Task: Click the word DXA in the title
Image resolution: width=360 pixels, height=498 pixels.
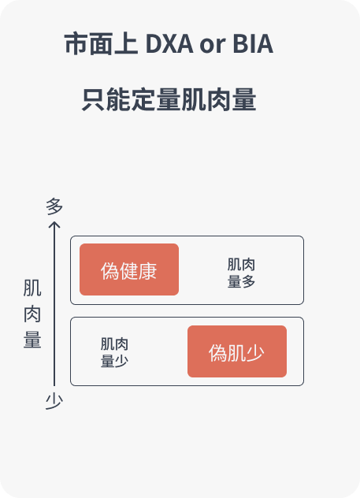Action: click(169, 43)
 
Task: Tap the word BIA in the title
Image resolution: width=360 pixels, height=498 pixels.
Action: click(253, 43)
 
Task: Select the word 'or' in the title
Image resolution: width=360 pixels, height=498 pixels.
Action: click(213, 46)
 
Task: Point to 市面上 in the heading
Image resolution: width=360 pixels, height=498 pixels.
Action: click(101, 43)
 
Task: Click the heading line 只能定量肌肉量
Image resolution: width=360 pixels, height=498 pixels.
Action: click(169, 99)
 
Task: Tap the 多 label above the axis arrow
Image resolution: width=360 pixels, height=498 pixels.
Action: click(54, 206)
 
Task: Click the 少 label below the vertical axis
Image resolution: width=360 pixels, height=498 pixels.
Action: click(54, 401)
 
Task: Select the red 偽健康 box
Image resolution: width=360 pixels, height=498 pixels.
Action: click(129, 269)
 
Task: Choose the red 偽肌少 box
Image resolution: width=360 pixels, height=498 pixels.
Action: click(237, 351)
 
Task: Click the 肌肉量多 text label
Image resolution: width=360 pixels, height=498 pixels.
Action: click(241, 273)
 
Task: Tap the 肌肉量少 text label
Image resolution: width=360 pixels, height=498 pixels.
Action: click(114, 352)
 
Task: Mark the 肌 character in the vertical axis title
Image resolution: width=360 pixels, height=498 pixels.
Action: click(32, 288)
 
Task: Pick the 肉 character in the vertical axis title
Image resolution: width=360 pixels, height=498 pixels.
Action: click(32, 314)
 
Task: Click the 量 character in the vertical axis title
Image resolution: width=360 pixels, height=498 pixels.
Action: click(32, 340)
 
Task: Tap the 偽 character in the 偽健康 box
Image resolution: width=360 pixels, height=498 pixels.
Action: click(109, 271)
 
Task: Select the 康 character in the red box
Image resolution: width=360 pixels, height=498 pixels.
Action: click(147, 271)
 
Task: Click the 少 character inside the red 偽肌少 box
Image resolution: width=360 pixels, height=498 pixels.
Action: click(255, 353)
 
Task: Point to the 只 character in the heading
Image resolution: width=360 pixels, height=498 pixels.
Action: click(93, 99)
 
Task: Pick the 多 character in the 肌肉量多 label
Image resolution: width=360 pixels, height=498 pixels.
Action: click(248, 281)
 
